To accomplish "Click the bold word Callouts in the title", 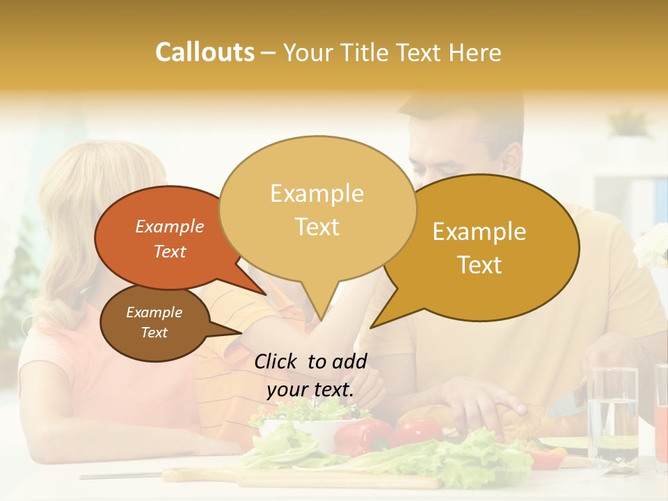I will (x=205, y=52).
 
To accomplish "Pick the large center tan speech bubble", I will (x=317, y=209).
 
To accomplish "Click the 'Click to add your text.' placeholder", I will (x=310, y=375).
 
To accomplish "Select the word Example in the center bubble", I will (x=317, y=193).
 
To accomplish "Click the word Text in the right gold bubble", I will (x=480, y=265).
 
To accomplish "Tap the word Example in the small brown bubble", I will (x=154, y=312).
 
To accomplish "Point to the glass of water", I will (x=612, y=414).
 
